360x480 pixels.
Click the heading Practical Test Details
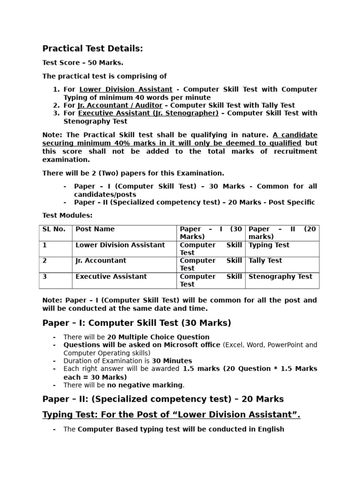pos(92,49)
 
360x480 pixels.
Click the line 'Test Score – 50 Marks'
pos(83,63)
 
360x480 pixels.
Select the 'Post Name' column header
pos(95,229)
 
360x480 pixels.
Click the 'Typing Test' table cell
pos(269,245)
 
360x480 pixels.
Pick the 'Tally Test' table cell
pos(265,261)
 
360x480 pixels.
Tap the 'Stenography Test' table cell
pos(280,277)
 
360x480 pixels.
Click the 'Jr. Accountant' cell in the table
pos(101,261)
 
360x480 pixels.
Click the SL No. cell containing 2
pos(45,261)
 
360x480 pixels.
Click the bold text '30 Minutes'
pos(172,361)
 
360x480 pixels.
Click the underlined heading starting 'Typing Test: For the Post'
pos(171,414)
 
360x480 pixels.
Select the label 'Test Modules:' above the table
pos(67,216)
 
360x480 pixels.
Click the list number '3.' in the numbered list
pos(56,113)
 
